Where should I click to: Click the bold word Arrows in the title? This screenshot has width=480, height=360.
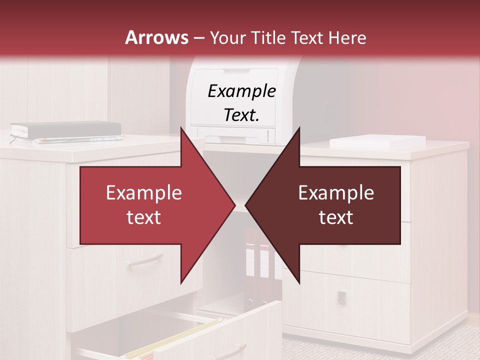(157, 37)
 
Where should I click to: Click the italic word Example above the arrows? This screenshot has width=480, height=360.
(241, 91)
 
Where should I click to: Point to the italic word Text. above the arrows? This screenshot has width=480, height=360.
(241, 115)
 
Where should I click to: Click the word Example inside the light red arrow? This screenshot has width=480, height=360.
(143, 193)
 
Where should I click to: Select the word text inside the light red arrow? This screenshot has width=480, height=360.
(143, 217)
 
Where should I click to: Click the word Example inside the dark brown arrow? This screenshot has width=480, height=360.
(336, 193)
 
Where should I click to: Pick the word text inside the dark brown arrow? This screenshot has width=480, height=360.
(336, 217)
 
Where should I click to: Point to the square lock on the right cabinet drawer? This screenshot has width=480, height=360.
(341, 296)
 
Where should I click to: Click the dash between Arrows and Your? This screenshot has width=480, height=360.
(198, 38)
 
